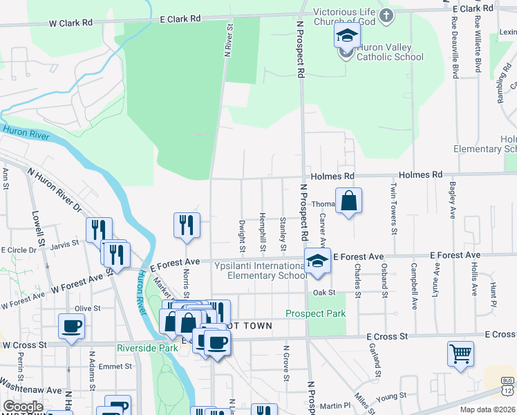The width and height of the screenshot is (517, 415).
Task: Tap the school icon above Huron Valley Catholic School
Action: pos(347,37)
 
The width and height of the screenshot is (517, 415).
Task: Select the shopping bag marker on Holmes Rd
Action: pos(349,201)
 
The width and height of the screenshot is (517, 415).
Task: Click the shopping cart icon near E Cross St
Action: pos(460,354)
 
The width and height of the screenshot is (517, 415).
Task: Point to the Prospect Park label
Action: pos(315,313)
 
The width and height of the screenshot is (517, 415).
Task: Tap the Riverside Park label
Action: pos(147,348)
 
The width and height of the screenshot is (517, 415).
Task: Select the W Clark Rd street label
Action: pos(70,23)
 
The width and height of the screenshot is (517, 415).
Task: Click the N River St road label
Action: pos(226,42)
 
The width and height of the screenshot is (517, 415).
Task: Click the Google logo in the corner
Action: pos(22,407)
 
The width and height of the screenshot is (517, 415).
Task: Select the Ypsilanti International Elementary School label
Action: pos(258,270)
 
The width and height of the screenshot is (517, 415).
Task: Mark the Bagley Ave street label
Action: pos(452,197)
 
